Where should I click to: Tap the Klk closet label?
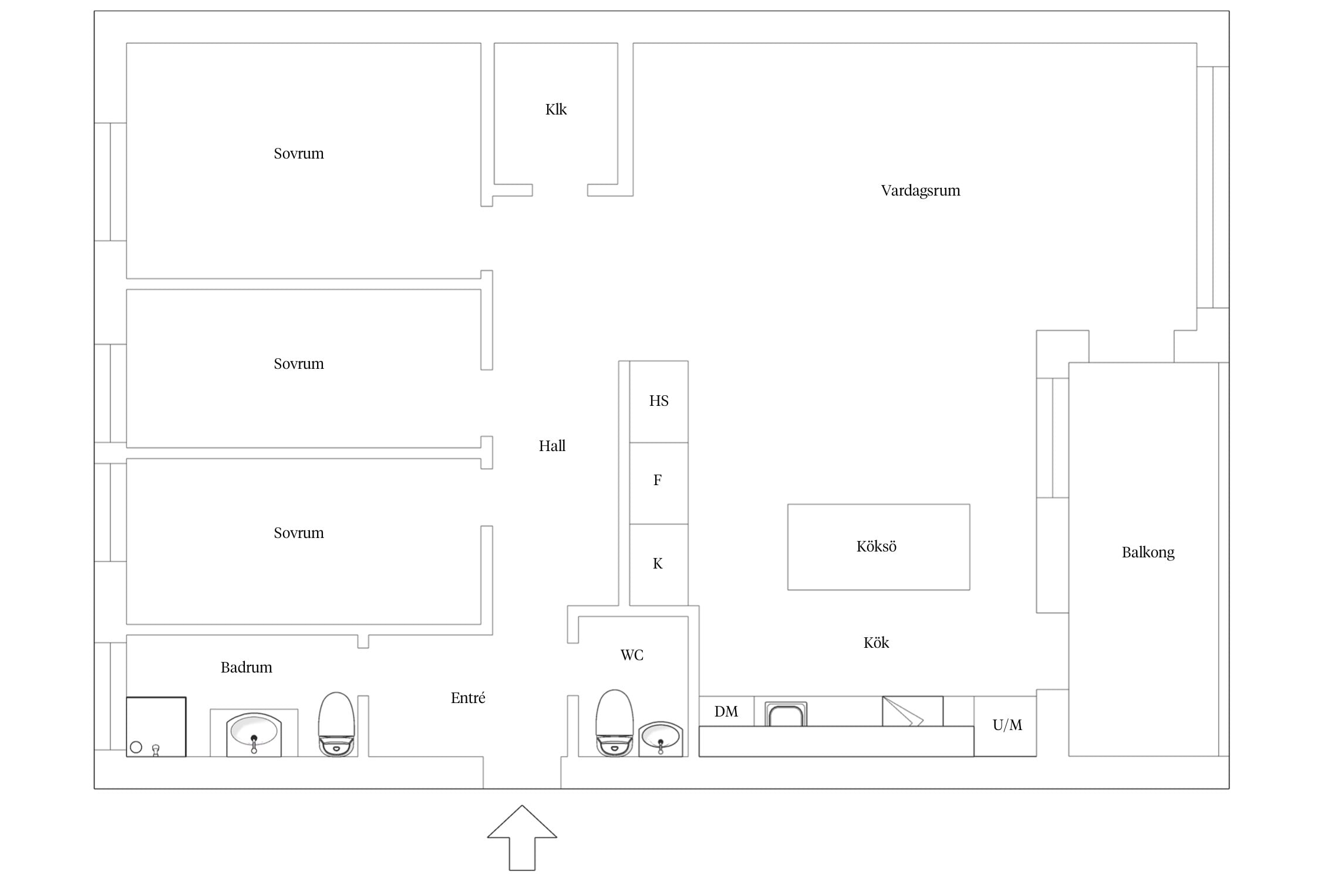(x=556, y=110)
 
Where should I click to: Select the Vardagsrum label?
(x=921, y=191)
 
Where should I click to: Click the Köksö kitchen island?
(x=878, y=547)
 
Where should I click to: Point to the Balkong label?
(x=1148, y=553)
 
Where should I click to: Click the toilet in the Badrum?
(x=336, y=724)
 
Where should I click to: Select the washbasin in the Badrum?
(x=254, y=734)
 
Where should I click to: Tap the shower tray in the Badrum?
(x=156, y=727)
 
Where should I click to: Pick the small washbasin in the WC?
(x=660, y=739)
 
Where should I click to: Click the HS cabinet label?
(x=659, y=401)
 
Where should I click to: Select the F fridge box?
(x=659, y=483)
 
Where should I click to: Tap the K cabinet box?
(x=659, y=564)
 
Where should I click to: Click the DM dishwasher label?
(x=726, y=712)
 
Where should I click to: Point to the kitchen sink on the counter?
(x=786, y=714)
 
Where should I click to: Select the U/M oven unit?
(x=1005, y=726)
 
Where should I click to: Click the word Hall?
(x=552, y=446)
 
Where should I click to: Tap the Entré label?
(x=468, y=698)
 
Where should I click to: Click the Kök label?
(x=876, y=643)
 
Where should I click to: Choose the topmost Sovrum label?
(x=299, y=154)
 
